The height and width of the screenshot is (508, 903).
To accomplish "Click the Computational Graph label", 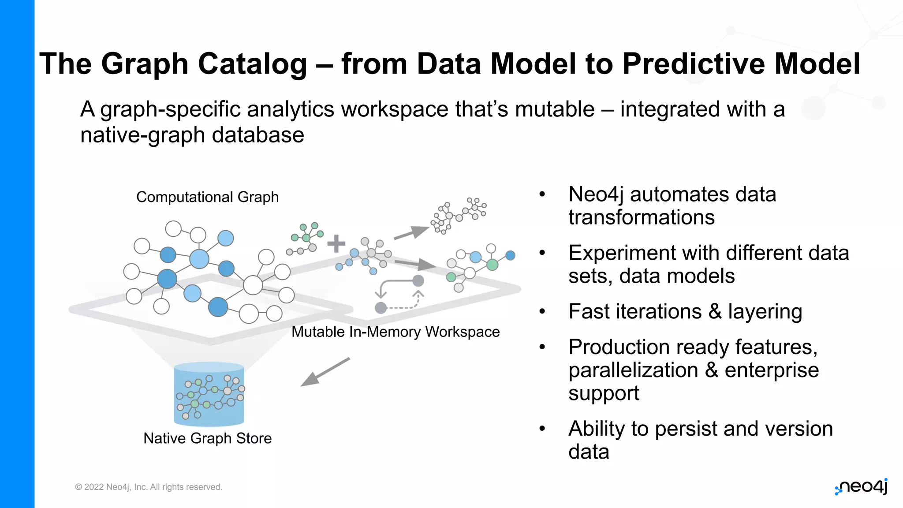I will point(207,197).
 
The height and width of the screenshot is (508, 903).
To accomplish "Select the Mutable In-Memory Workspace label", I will point(396,332).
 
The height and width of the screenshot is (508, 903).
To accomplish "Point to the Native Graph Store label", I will point(207,438).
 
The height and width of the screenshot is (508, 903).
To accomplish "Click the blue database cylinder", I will point(209,394).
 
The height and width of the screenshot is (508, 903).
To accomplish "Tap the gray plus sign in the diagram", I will point(336,243).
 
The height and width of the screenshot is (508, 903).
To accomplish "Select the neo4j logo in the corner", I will point(862,487).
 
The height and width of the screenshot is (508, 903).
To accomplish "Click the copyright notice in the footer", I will point(149,487).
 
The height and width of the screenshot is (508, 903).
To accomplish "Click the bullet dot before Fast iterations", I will point(542,311).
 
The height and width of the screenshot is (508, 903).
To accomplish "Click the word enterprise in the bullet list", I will point(772,370).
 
